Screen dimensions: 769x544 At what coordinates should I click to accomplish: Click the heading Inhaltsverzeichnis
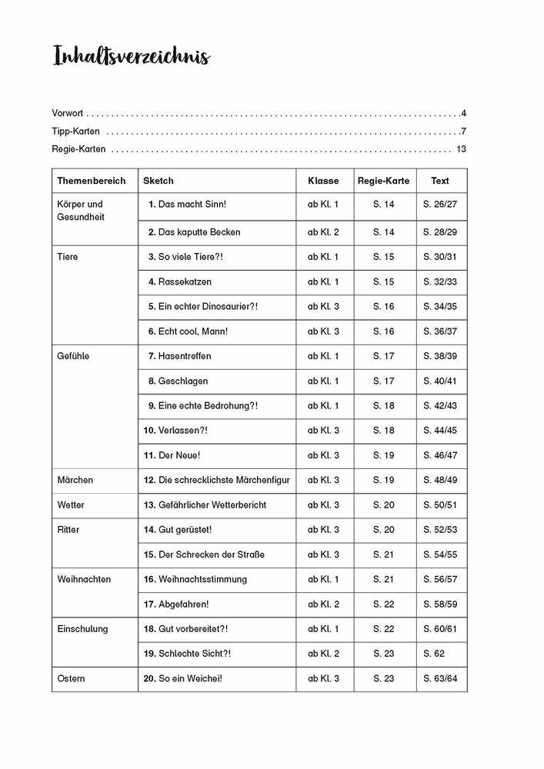point(132,58)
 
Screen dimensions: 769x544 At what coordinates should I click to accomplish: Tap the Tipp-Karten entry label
point(75,131)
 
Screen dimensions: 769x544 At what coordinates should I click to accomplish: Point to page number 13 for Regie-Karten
point(462,149)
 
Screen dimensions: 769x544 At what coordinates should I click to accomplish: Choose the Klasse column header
point(323,181)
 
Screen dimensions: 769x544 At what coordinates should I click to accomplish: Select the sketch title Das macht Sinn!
point(187,205)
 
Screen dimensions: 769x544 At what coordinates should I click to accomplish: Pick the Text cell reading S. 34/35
point(439,307)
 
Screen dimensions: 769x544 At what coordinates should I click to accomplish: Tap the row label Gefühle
point(73,357)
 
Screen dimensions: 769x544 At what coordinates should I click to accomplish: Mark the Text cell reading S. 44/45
point(439,431)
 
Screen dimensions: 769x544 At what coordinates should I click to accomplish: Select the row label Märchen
point(75,481)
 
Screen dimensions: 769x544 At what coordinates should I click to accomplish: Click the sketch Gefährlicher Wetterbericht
point(208,505)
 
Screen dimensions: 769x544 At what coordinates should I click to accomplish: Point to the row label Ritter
point(68,530)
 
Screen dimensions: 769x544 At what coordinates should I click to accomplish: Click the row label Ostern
point(72,679)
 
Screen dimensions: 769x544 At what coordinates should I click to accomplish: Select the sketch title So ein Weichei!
point(183,679)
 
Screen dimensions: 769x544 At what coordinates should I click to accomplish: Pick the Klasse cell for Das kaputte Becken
point(323,232)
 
